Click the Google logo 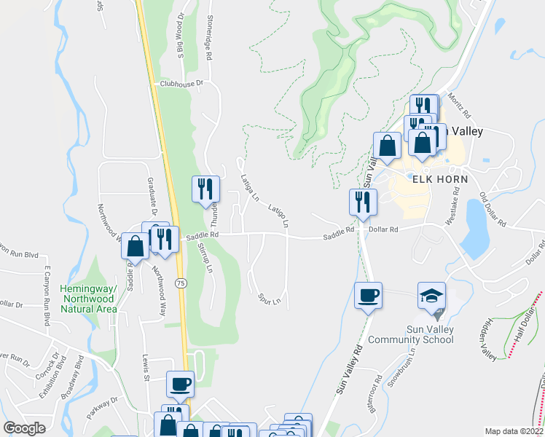pos(25,428)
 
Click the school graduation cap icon pos(431,296)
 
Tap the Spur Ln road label pos(270,299)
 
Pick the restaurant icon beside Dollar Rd pos(363,201)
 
